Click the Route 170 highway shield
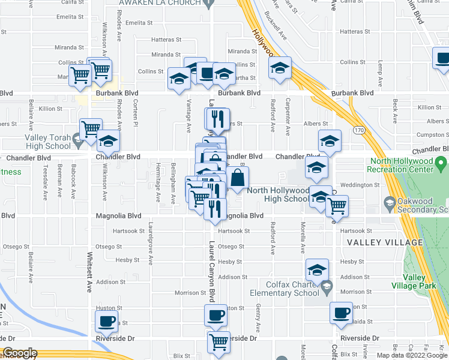pyautogui.click(x=358, y=130)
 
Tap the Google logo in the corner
pyautogui.click(x=20, y=353)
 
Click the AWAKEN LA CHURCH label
pyautogui.click(x=159, y=3)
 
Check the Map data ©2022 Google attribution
pyautogui.click(x=411, y=355)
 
